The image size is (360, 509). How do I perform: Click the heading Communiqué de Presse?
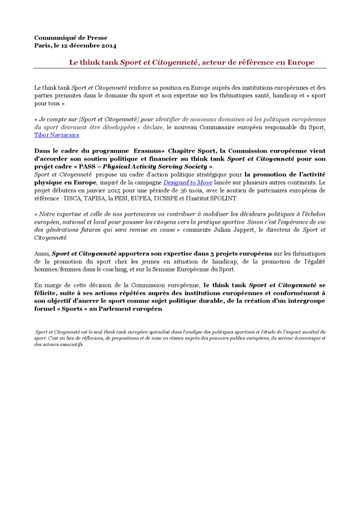pyautogui.click(x=71, y=38)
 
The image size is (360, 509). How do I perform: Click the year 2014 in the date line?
pyautogui.click(x=108, y=46)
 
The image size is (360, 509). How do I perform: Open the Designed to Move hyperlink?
pyautogui.click(x=188, y=182)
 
